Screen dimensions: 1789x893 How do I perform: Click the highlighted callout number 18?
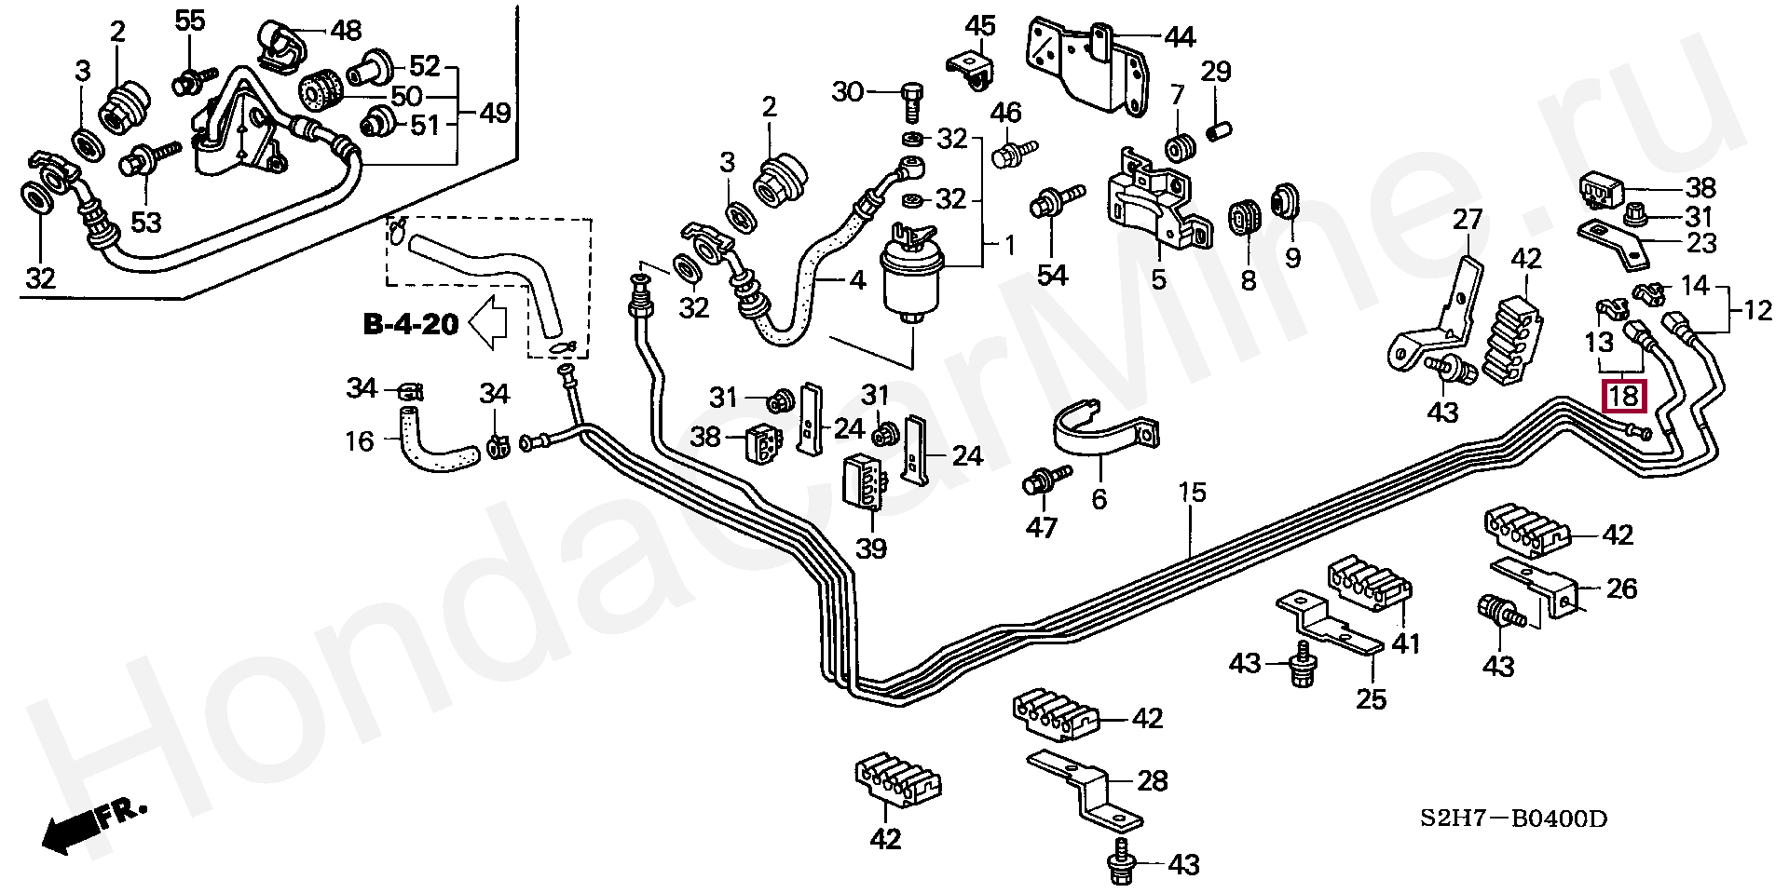(1624, 397)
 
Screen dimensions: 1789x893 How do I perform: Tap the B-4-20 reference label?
(411, 324)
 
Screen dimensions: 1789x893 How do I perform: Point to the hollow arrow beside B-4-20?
(487, 324)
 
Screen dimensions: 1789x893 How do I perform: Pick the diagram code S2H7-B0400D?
(1514, 820)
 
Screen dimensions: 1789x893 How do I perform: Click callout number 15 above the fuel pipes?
(1192, 493)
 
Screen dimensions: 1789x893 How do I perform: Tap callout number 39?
(871, 548)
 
